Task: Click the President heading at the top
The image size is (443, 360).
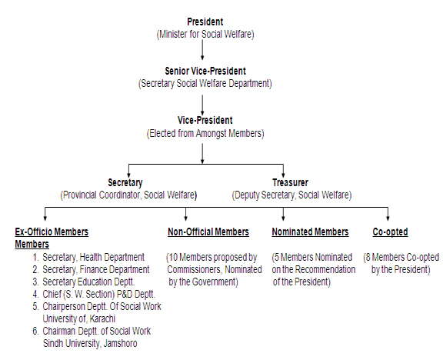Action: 205,22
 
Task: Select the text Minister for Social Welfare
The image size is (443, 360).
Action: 205,34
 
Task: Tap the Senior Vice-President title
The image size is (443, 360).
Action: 205,71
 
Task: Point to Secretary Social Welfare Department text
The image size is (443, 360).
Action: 205,84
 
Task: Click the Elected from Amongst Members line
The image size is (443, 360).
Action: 205,133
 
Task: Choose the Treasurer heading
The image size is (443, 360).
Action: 290,182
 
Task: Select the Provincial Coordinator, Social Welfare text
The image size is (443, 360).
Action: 128,195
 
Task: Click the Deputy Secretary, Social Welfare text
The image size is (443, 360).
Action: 291,195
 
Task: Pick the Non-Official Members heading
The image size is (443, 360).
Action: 208,232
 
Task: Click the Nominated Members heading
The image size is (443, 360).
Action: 310,232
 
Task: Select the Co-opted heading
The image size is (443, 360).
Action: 390,232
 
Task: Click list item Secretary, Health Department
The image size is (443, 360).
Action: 94,257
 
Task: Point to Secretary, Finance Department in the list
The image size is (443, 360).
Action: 96,269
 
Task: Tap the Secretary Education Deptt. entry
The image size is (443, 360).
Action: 88,282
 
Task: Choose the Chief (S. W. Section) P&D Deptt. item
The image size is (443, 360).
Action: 99,294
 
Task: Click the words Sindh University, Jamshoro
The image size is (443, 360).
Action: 90,343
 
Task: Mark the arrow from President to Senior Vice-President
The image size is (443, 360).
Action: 202,50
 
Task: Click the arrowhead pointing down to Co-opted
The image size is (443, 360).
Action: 388,218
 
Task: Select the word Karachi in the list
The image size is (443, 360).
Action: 102,318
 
